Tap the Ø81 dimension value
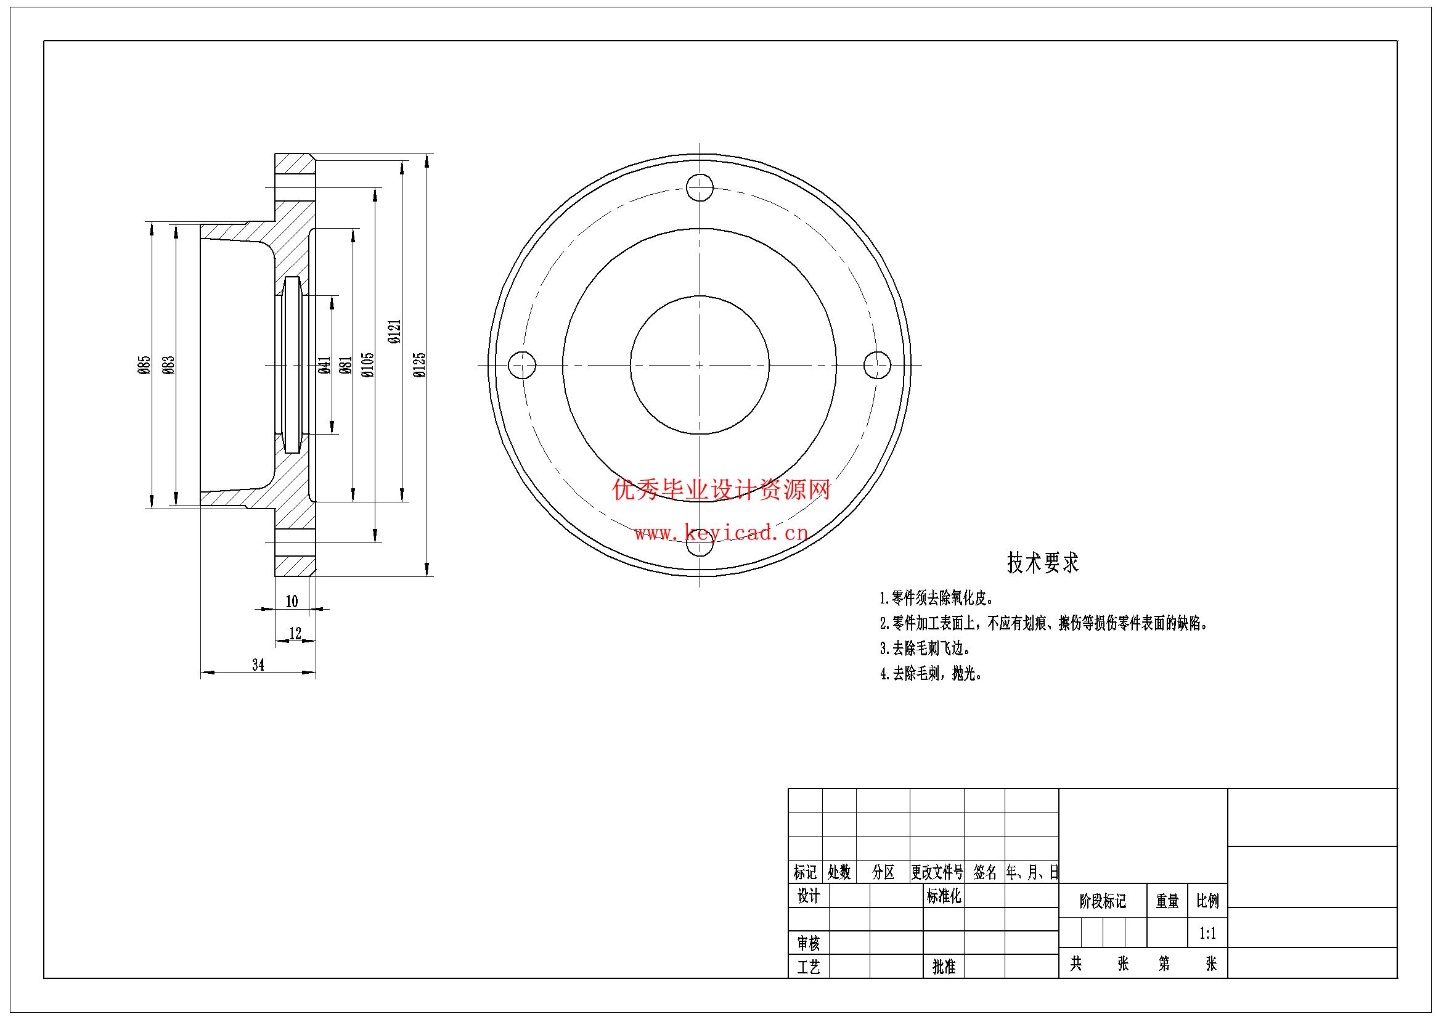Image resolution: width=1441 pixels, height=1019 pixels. coord(345,365)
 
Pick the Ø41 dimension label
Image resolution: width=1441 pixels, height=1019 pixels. coord(324,365)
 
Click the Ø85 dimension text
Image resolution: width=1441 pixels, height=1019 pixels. coord(144,365)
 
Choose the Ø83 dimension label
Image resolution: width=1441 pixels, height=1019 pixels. coord(168,365)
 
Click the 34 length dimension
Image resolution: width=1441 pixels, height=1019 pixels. coord(258,665)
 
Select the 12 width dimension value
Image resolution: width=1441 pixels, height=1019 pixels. coord(295,633)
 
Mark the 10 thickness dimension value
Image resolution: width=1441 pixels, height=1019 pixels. coord(292,602)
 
